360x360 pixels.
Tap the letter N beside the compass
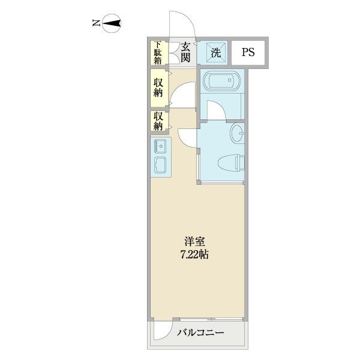96,24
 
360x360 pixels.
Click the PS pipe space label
248,52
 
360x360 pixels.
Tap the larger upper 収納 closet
158,88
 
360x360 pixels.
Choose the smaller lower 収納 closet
158,121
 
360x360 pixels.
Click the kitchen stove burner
161,145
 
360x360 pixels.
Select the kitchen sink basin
161,164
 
